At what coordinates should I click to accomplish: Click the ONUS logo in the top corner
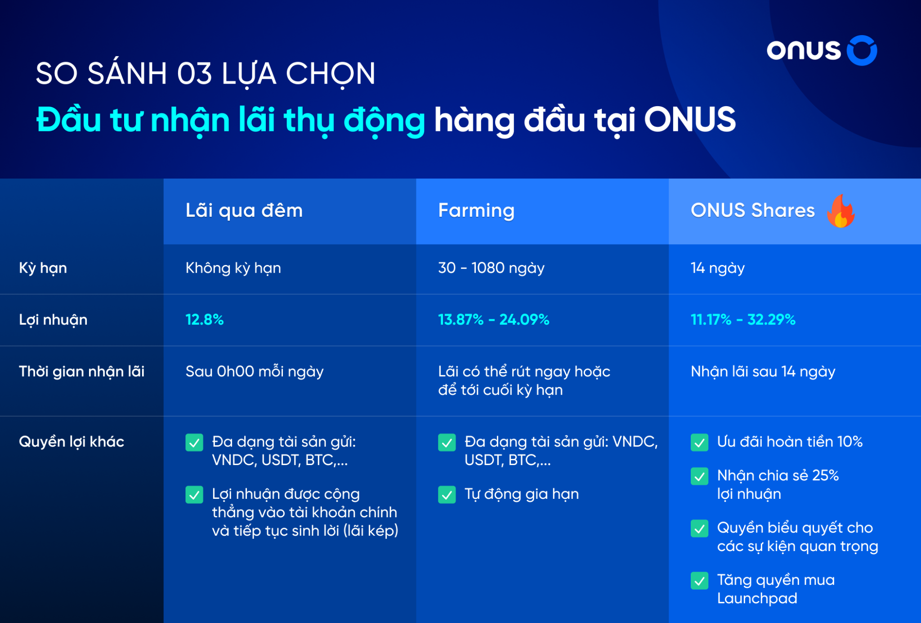click(x=821, y=50)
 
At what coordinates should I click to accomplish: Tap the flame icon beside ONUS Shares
click(x=841, y=211)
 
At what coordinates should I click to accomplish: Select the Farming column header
click(x=476, y=211)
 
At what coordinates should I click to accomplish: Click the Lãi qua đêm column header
click(x=244, y=211)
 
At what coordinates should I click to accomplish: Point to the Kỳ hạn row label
click(x=43, y=268)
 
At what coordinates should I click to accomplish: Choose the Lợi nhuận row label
click(x=53, y=320)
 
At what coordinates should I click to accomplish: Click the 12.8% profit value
click(x=205, y=320)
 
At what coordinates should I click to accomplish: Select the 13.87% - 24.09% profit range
click(x=493, y=320)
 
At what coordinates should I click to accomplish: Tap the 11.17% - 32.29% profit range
click(x=743, y=320)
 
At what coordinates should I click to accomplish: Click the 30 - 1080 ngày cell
click(x=491, y=268)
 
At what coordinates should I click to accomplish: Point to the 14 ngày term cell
click(x=718, y=268)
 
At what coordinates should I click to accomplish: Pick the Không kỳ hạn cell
click(x=233, y=268)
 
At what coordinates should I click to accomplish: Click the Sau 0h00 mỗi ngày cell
click(x=255, y=372)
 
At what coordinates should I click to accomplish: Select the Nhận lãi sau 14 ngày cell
click(x=763, y=372)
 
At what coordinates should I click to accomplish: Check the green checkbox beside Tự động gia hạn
click(x=447, y=495)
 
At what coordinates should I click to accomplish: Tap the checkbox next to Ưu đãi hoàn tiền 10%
click(x=699, y=443)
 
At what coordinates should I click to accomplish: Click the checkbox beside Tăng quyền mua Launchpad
click(x=699, y=581)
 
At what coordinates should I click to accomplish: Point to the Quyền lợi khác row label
click(x=72, y=442)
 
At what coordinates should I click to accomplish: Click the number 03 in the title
click(x=194, y=74)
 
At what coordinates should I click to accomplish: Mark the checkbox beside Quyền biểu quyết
click(x=699, y=529)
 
